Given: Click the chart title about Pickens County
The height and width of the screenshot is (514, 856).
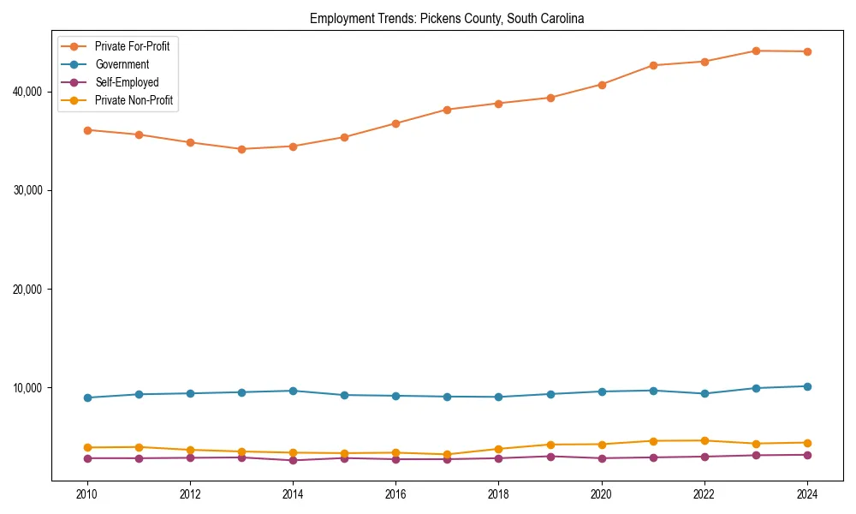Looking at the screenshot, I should (447, 18).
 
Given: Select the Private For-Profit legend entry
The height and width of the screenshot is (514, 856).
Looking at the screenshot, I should (132, 46).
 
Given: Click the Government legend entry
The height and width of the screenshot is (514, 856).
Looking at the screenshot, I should (122, 64).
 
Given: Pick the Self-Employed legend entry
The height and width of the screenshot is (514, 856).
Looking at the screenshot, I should (127, 82).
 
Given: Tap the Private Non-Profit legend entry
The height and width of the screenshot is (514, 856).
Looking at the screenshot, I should (134, 100).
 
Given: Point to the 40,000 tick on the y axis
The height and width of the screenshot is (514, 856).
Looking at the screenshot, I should (29, 92).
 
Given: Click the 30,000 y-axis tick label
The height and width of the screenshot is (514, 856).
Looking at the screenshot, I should (29, 190).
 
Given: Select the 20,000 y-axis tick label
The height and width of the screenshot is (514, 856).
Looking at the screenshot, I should (29, 290).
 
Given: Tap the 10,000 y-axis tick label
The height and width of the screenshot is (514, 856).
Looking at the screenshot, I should (29, 388).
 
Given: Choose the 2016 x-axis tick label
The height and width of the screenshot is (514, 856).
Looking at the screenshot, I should (395, 494).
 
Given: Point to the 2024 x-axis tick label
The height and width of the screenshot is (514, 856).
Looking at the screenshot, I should (807, 494).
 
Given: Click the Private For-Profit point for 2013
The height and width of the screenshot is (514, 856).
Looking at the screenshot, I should (241, 149).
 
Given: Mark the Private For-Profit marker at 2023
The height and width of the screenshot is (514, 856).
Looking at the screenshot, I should (756, 51).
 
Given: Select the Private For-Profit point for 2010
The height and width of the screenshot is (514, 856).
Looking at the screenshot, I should (86, 130).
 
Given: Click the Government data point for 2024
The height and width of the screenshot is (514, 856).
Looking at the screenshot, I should (807, 386).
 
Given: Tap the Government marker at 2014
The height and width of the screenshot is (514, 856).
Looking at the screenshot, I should (293, 391).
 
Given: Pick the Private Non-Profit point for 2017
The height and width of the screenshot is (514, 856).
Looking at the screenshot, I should (447, 454).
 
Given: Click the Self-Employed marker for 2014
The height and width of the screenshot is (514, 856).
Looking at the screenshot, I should (293, 460).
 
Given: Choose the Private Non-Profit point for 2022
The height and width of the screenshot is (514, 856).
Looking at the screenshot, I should (704, 440).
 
